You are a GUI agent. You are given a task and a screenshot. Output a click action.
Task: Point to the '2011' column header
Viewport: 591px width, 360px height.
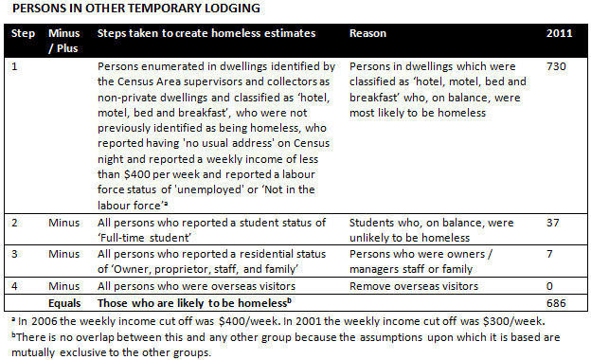coord(560,33)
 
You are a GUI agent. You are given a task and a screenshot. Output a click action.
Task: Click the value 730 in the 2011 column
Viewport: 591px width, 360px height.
coord(558,69)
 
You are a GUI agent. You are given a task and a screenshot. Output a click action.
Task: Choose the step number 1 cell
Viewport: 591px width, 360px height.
coord(13,69)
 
